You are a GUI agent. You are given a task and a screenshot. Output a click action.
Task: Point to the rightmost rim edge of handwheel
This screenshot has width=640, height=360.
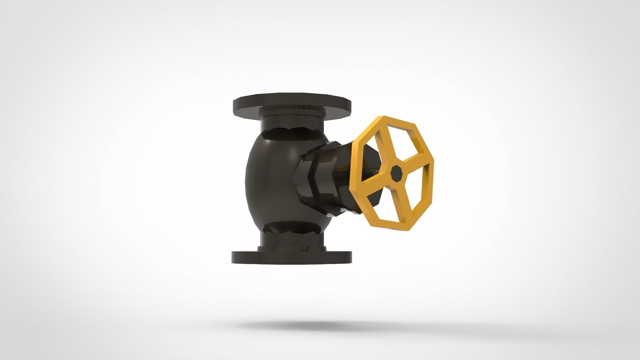pos(433,177)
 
